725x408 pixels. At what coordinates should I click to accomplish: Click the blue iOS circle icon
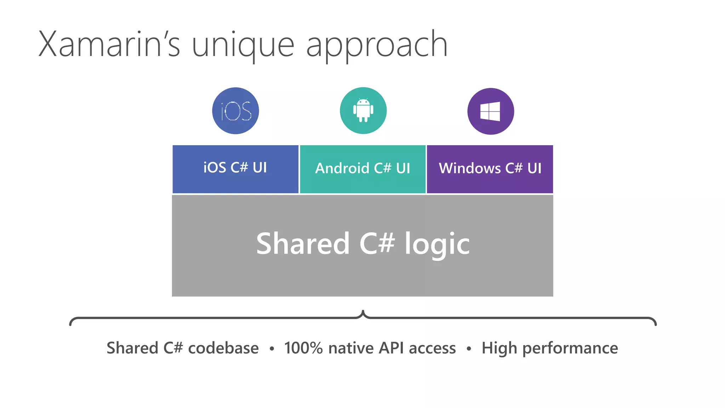click(x=235, y=111)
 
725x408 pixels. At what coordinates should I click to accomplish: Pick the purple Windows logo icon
click(x=491, y=111)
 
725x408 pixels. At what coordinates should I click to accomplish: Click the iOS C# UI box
click(x=235, y=169)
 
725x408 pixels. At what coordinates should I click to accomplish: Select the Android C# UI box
click(x=362, y=169)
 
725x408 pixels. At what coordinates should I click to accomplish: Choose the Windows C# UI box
click(x=490, y=169)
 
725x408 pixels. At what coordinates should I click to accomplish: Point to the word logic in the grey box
click(x=437, y=244)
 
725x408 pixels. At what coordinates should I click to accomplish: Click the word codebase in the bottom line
click(x=223, y=348)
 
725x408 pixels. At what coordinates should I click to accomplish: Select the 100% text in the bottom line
click(x=303, y=348)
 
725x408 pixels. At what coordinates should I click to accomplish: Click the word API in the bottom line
click(x=391, y=348)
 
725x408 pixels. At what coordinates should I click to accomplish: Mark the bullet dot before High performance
click(x=469, y=349)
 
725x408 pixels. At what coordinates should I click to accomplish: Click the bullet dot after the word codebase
click(x=272, y=349)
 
